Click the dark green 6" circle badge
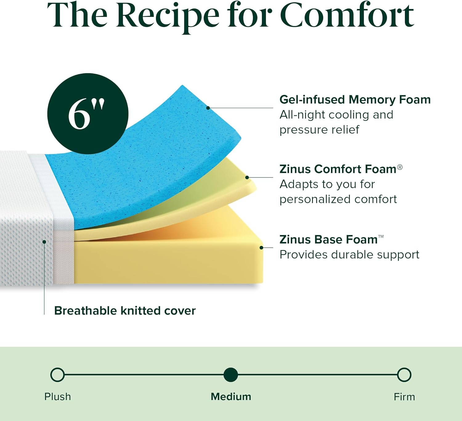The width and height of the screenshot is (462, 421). point(88,114)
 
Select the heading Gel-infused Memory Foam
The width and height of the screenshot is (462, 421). point(355,100)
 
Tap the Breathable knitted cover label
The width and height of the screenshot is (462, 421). point(125,311)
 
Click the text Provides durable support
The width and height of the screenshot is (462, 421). point(349,255)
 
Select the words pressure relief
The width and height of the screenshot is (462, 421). point(319,130)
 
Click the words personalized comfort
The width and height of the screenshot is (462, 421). point(338,199)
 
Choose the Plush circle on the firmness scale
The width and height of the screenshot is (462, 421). point(58,375)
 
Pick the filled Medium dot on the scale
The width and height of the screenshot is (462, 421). point(231,375)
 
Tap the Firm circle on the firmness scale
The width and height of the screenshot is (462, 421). point(404,375)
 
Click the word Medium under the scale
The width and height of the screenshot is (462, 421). point(231,397)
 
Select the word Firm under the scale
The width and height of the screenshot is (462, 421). point(404,397)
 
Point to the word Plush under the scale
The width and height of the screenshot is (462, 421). point(58,397)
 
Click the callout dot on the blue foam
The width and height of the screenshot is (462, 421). point(208,108)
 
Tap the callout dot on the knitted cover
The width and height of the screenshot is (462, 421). point(44,242)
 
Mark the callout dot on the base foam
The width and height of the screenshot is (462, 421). point(261,248)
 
